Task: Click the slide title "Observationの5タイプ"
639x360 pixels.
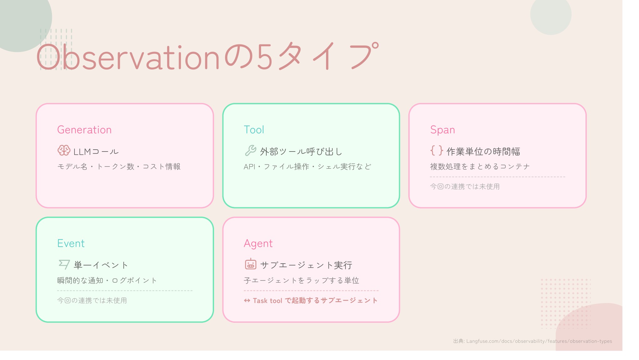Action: (208, 56)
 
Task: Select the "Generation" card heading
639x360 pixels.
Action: (84, 130)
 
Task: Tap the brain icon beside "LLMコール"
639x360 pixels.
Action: (64, 151)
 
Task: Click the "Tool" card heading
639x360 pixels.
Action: (254, 130)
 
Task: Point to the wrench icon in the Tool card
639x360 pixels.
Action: (250, 151)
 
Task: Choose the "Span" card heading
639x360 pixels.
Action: (442, 130)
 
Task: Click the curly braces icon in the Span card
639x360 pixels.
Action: (437, 151)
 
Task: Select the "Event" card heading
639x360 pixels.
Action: (71, 243)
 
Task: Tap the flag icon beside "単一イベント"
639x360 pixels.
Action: (64, 265)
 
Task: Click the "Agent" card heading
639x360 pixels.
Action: (258, 244)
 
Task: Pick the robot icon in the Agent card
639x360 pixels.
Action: (250, 264)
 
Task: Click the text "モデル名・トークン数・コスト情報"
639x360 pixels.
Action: (119, 167)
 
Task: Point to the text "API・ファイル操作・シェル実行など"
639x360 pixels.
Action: (307, 167)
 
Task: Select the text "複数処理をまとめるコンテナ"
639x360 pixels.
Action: (480, 167)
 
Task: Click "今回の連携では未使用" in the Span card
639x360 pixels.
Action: (465, 187)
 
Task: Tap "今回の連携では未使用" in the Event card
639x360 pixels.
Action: (92, 301)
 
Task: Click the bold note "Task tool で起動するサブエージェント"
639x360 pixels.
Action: (311, 301)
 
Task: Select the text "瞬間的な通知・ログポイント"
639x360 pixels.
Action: (107, 280)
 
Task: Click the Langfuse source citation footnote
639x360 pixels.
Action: (533, 341)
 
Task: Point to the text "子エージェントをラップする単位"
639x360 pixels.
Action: (301, 280)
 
